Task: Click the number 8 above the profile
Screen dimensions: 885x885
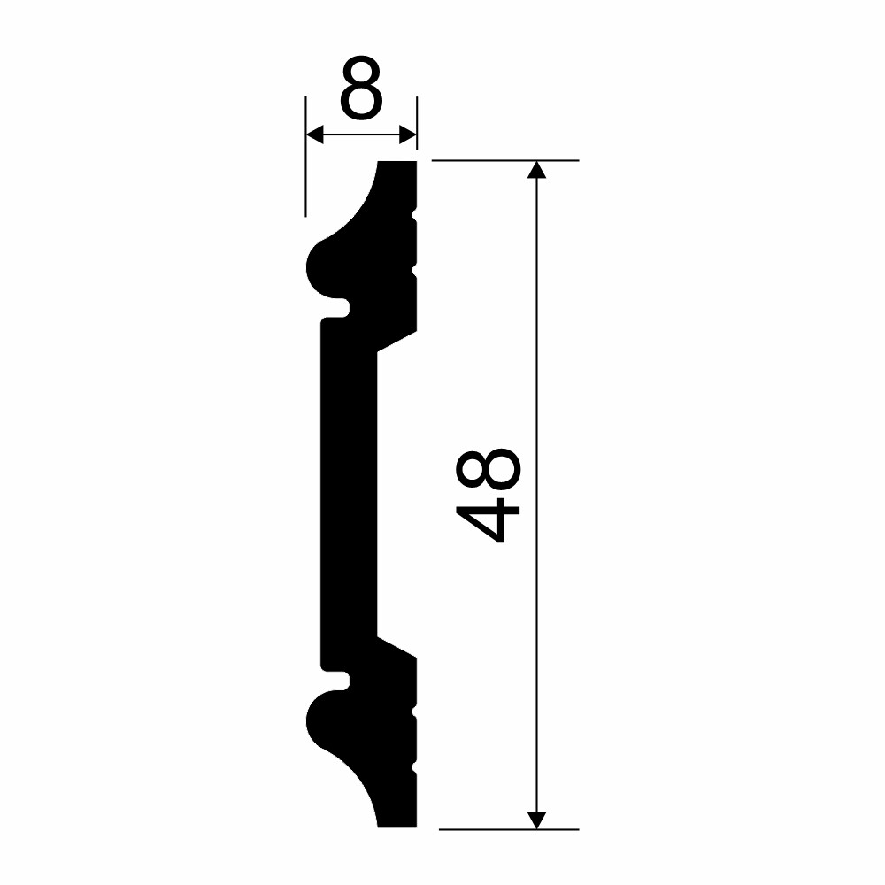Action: click(361, 88)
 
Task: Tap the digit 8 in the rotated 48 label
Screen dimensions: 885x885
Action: click(488, 470)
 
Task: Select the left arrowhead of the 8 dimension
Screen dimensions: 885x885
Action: click(314, 135)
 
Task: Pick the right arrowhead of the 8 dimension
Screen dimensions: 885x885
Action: click(408, 135)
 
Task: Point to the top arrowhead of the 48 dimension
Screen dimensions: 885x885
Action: click(536, 170)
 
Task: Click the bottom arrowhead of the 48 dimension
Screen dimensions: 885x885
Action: click(536, 820)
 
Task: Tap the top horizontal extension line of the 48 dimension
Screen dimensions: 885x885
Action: click(505, 161)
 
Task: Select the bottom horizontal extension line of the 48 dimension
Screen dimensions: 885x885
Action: click(509, 829)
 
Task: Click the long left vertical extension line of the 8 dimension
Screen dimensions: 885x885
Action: click(305, 157)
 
